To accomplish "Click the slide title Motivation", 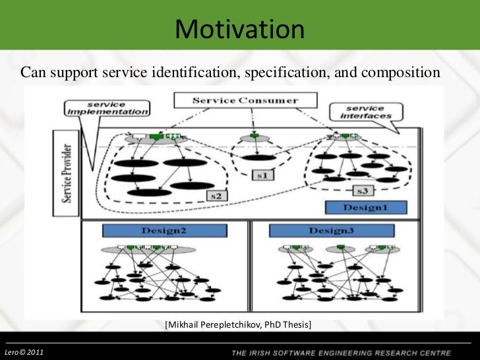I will (240, 30).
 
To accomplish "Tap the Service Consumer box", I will (245, 101).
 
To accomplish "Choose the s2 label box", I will (214, 196).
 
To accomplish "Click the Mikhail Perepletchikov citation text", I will (239, 325).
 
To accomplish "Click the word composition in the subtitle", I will (396, 71).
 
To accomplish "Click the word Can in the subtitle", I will (32, 71).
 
